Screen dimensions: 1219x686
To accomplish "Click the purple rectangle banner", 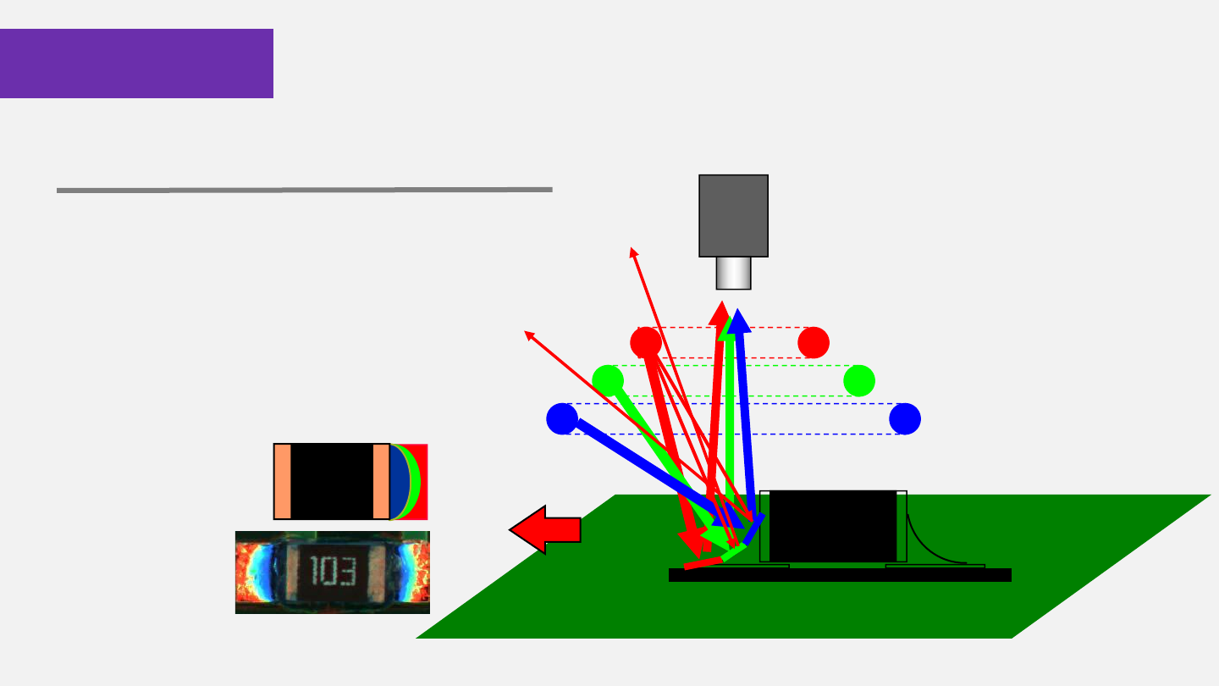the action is [x=136, y=64].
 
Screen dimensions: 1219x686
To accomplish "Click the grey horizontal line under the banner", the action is [x=304, y=190].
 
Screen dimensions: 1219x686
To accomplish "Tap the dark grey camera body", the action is [x=733, y=215].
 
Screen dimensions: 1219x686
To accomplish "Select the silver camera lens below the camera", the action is [x=733, y=273].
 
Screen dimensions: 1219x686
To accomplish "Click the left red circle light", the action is [x=646, y=342].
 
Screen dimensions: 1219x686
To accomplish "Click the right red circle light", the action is [x=814, y=342].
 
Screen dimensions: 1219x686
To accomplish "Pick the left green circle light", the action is [x=608, y=380].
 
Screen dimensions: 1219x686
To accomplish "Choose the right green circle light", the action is [x=859, y=380].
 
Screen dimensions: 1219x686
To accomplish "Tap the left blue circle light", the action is [x=562, y=418].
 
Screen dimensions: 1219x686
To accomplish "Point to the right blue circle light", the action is [x=905, y=418].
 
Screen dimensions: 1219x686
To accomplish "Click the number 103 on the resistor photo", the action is [x=331, y=573].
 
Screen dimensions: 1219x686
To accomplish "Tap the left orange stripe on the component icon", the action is [x=283, y=481].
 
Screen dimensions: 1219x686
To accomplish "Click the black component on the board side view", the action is [x=832, y=525].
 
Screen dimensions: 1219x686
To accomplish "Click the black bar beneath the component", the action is [x=840, y=575].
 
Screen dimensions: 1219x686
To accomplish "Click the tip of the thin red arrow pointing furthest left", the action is [x=527, y=332].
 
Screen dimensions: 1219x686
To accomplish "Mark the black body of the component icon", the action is [x=332, y=481].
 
